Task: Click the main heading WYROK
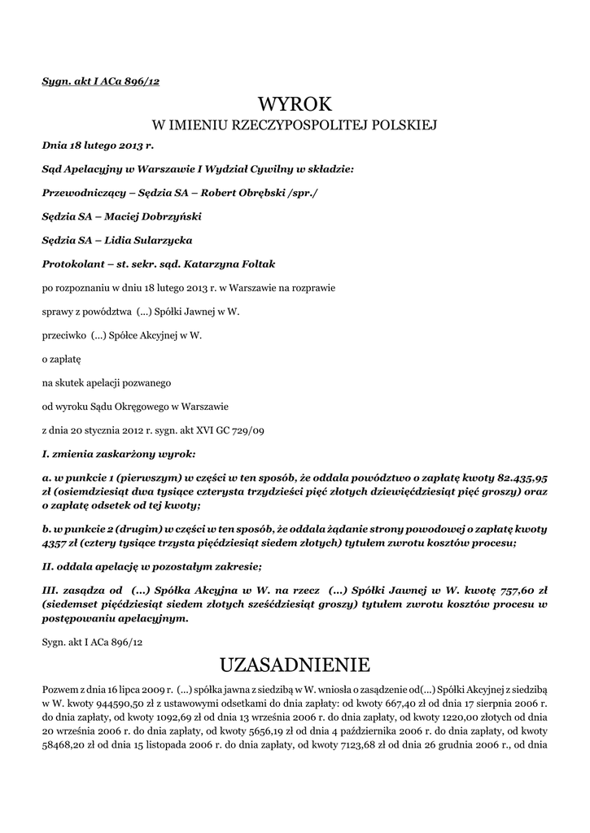coord(295,104)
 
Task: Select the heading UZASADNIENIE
coord(295,665)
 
